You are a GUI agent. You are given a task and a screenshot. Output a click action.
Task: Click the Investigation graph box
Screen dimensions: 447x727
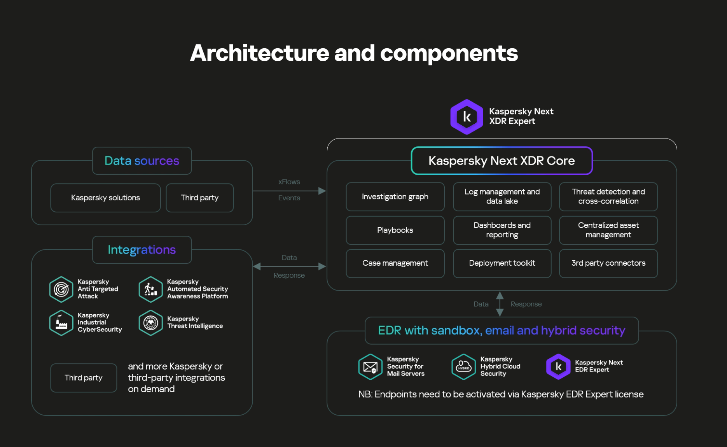point(395,197)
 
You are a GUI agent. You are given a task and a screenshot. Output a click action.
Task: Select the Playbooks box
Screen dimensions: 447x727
point(395,230)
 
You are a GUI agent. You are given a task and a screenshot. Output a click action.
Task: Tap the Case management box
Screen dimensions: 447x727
point(395,263)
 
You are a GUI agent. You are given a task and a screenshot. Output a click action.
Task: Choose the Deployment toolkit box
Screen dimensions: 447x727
point(502,263)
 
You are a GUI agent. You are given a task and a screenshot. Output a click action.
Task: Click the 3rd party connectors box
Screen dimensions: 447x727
point(608,263)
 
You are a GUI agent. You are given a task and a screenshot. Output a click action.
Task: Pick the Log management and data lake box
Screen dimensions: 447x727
point(502,197)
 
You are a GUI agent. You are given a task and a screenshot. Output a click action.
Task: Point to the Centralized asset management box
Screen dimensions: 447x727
point(608,230)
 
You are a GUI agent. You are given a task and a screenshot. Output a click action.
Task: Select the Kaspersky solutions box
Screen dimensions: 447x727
point(105,198)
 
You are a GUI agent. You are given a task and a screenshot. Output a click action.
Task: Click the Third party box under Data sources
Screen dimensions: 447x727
point(199,198)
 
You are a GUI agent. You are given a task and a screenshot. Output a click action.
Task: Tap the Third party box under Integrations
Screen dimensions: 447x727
point(84,378)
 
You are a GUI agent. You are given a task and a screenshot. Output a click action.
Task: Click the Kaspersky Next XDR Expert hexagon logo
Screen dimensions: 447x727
point(467,117)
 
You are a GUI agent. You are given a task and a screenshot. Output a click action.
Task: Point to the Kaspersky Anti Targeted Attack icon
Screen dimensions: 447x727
point(61,289)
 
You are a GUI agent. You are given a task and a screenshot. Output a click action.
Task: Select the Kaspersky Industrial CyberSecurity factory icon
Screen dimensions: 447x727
point(61,323)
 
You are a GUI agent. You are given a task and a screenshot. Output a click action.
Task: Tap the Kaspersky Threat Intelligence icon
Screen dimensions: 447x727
point(151,323)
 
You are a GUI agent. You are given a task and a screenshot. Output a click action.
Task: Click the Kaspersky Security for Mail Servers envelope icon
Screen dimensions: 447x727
point(370,367)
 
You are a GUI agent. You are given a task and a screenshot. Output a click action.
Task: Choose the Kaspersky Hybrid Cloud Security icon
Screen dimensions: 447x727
point(463,367)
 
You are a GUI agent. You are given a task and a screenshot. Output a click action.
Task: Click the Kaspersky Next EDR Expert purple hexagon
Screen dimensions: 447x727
point(558,366)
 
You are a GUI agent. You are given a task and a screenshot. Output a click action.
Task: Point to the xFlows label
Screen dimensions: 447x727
point(289,182)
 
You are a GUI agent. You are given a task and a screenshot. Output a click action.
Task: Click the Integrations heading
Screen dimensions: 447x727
point(142,250)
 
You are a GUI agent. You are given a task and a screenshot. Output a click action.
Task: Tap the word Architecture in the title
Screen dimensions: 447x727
point(259,53)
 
